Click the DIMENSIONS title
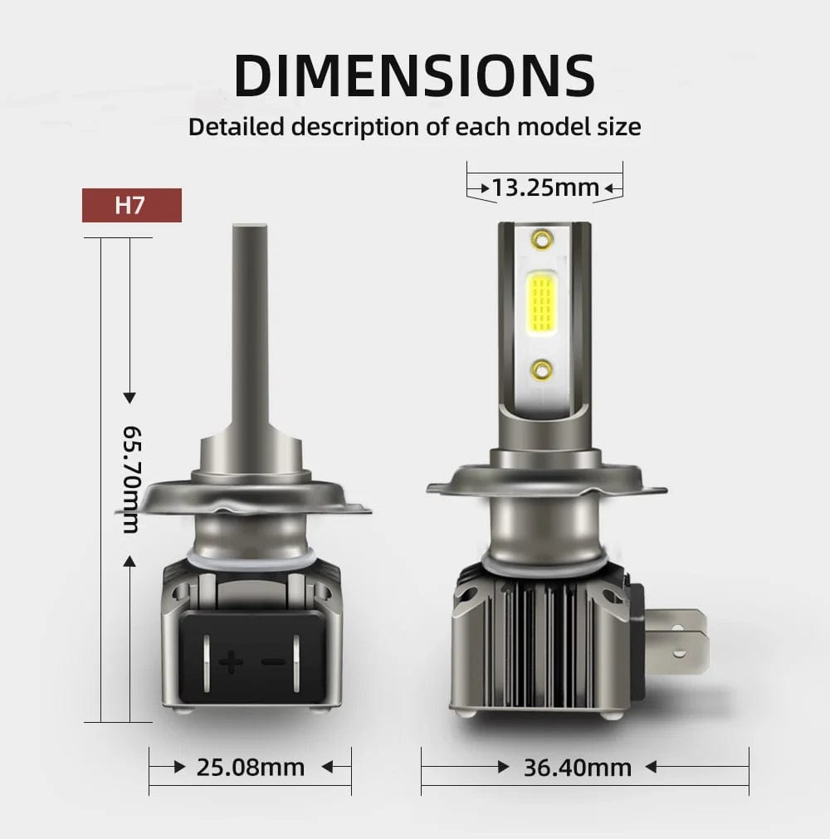click(x=415, y=76)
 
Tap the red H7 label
click(x=132, y=205)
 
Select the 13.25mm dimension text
click(x=544, y=188)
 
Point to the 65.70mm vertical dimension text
click(x=131, y=480)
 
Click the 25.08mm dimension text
click(x=251, y=768)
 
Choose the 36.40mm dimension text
click(x=578, y=768)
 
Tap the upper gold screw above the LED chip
click(x=542, y=237)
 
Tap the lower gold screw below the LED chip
click(x=542, y=369)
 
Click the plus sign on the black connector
click(x=231, y=662)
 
